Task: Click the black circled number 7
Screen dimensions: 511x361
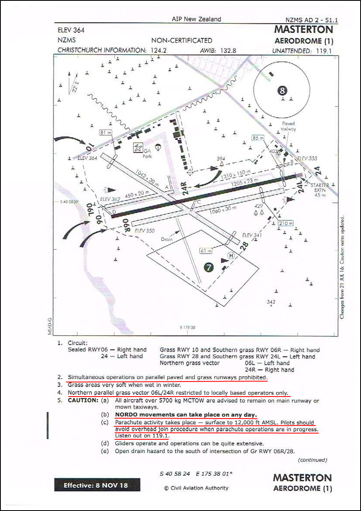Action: click(x=209, y=267)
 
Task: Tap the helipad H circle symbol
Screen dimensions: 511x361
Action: click(x=231, y=256)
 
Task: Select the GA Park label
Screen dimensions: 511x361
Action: click(x=147, y=153)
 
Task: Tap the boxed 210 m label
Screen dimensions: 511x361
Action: click(x=286, y=223)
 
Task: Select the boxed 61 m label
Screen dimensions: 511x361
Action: click(x=206, y=251)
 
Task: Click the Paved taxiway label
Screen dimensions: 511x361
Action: click(x=288, y=126)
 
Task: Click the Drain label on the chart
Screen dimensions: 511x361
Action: click(x=167, y=239)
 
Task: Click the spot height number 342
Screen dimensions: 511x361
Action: click(x=271, y=302)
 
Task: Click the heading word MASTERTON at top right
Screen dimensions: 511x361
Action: click(x=303, y=30)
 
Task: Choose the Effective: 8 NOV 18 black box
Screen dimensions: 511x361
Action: click(x=97, y=485)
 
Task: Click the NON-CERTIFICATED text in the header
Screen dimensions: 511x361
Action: click(x=182, y=40)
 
